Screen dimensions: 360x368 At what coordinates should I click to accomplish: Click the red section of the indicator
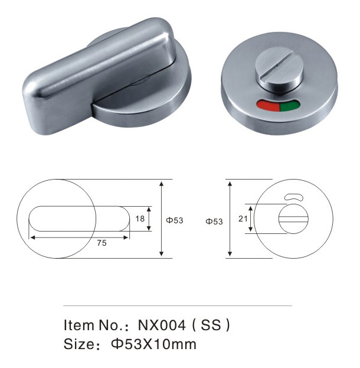tap(269, 106)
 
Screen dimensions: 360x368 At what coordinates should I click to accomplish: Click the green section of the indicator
tap(289, 105)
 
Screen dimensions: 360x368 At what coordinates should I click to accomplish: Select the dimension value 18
tap(140, 219)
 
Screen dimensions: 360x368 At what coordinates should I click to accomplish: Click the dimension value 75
tap(102, 243)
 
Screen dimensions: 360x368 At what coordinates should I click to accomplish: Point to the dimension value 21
tap(243, 219)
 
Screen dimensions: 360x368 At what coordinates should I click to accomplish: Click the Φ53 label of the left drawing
tap(175, 220)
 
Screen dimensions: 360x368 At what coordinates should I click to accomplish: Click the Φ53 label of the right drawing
tap(214, 222)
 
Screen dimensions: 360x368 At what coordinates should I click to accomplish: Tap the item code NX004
tap(162, 325)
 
